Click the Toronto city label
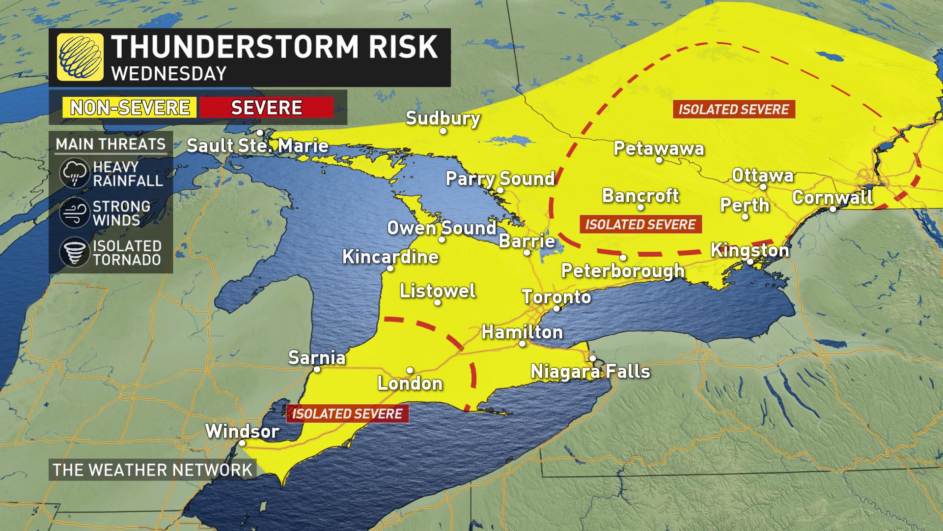coord(556,296)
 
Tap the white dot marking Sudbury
coord(443,131)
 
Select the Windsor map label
coord(242,431)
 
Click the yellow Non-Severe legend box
coord(130,107)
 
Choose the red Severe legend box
coord(266,107)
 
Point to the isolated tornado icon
coord(74,253)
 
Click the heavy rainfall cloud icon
coord(74,174)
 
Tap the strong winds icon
coord(74,213)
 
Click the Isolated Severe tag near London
coord(347,413)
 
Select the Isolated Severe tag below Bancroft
coord(640,224)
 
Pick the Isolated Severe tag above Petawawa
coord(734,109)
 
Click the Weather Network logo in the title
coord(80,57)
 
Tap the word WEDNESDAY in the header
coord(168,73)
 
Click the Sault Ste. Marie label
coord(257,146)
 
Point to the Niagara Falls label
coord(590,371)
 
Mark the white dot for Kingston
coord(750,262)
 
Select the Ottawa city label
coord(762,176)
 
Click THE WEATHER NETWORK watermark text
coord(152,470)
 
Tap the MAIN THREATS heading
coord(111,144)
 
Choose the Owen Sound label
coord(442,228)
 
